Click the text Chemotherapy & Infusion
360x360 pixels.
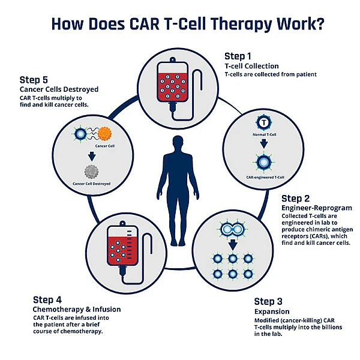pos(77,309)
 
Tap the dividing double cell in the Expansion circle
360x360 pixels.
pos(231,229)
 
